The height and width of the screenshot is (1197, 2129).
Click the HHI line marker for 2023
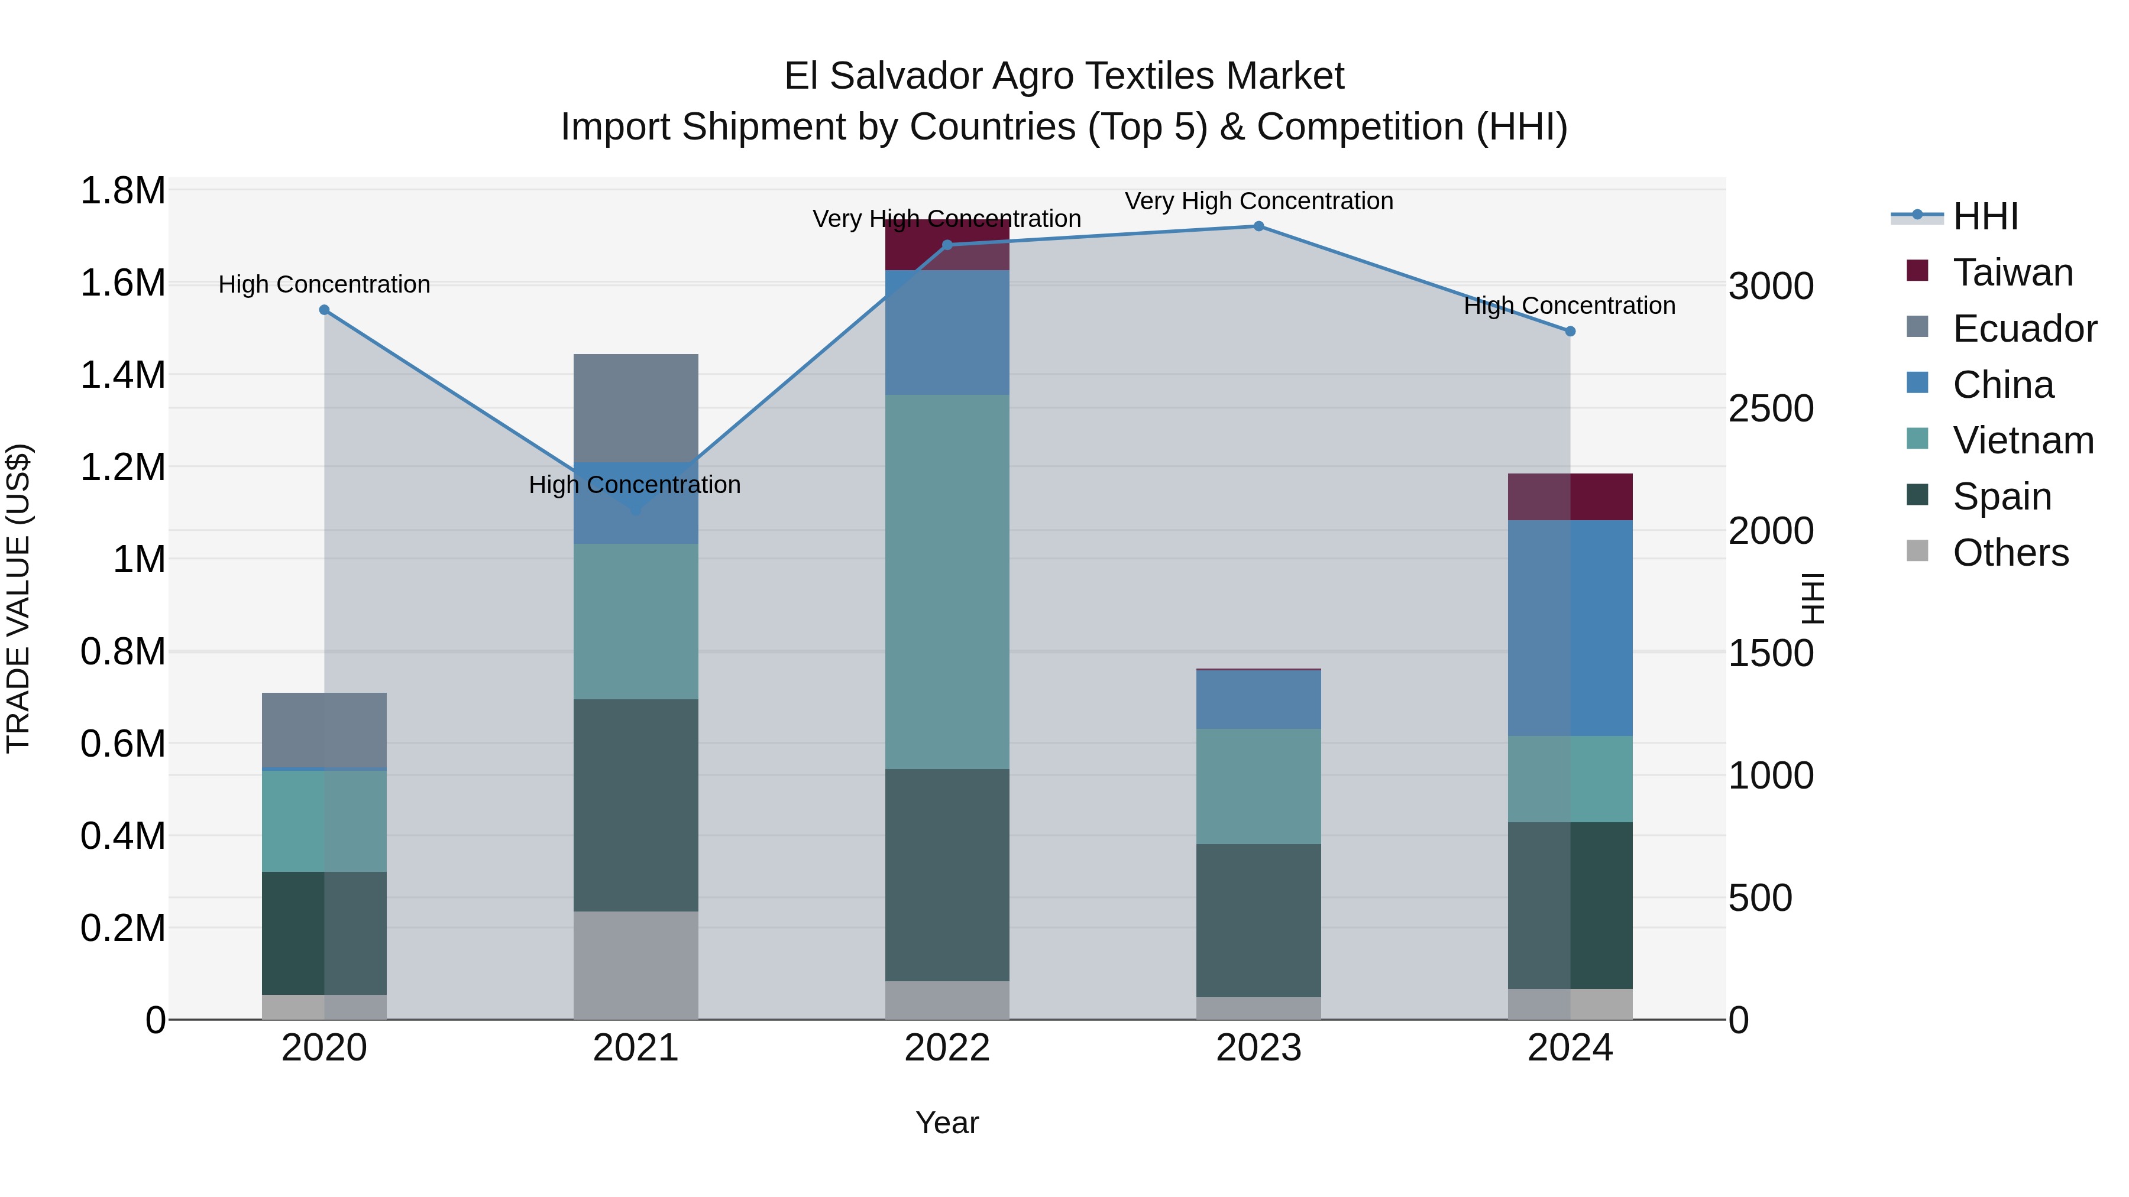1258,226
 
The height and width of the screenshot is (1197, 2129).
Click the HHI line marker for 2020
324,310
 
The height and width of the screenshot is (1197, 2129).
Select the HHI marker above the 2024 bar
1570,331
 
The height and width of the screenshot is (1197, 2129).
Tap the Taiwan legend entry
2012,273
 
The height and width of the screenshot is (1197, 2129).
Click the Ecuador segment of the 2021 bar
636,407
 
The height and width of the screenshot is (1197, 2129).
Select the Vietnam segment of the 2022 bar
947,582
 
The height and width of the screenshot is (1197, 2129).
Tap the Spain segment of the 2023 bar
1258,920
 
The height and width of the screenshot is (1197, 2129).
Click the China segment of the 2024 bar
1570,628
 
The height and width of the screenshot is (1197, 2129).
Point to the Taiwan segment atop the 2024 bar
1570,497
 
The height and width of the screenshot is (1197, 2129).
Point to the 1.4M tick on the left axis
122,375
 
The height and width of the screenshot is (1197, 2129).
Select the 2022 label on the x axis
947,1048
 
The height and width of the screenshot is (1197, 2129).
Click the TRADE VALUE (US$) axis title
18,598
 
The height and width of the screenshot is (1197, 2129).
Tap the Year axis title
947,1123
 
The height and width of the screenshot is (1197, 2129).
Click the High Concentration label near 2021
635,485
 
